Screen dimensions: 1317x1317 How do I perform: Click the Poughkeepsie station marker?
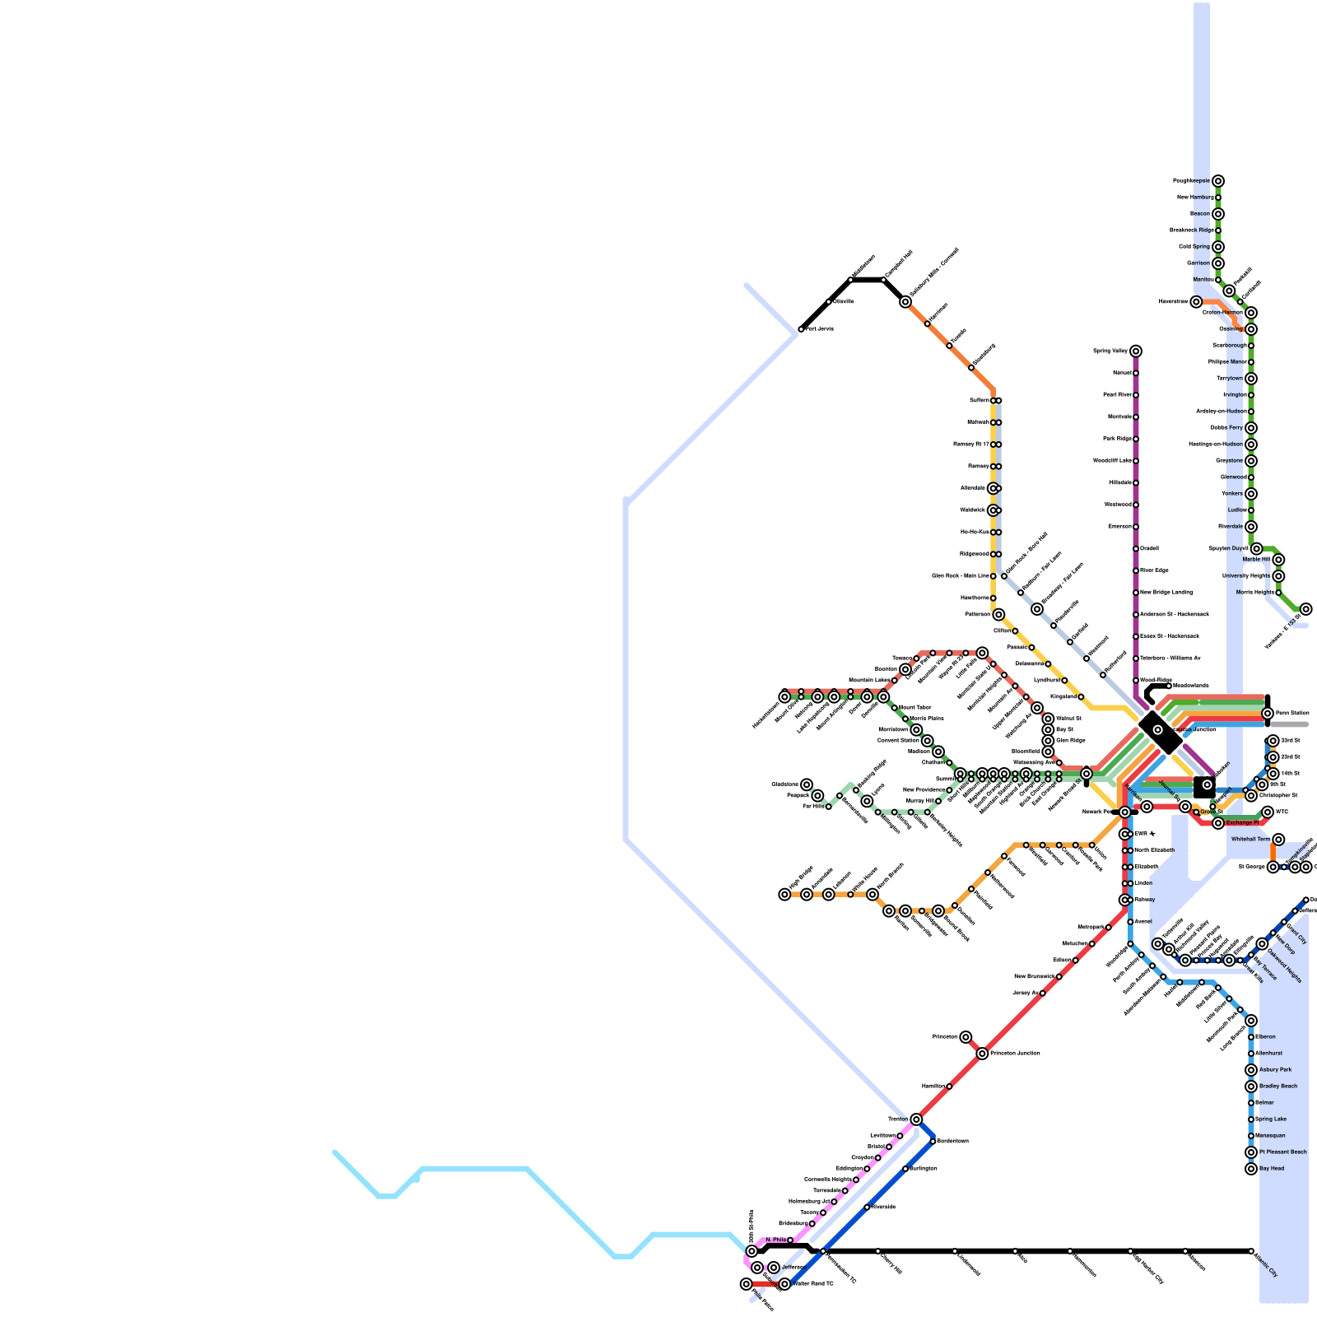1217,181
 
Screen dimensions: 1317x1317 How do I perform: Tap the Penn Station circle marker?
1268,713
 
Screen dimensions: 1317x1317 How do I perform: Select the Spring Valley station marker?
1136,351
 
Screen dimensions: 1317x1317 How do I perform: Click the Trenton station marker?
916,1119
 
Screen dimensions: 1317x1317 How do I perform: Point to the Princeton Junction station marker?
982,1054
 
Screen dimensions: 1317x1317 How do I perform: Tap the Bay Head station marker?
1251,1169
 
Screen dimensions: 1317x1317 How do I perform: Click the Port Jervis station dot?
801,329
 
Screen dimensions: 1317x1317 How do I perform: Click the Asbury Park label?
1275,1070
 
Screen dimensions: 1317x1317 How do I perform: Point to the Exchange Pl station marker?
1218,823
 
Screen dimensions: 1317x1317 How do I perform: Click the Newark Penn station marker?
1124,812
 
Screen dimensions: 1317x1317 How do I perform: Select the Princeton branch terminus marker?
966,1037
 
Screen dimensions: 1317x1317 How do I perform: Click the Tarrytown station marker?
1251,379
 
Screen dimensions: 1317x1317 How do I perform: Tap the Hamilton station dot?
949,1087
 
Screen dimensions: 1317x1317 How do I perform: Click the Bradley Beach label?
1277,1087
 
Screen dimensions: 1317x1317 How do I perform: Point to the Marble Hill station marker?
1278,560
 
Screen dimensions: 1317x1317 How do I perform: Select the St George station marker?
1273,867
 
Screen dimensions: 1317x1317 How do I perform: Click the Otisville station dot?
829,302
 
